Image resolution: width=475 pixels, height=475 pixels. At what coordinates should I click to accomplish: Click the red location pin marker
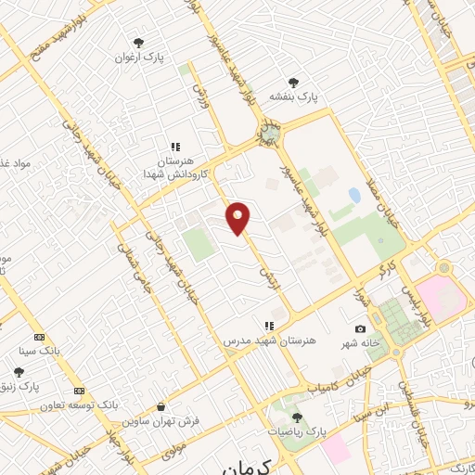(x=238, y=218)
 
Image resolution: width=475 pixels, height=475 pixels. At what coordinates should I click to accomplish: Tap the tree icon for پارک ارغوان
(x=138, y=43)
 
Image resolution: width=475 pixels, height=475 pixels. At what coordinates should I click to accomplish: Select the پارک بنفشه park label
(x=294, y=96)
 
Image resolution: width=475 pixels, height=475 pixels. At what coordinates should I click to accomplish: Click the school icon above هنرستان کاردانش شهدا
(x=174, y=146)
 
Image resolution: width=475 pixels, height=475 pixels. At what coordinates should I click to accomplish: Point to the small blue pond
(x=353, y=196)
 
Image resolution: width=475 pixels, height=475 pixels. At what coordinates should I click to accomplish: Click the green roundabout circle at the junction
(x=269, y=135)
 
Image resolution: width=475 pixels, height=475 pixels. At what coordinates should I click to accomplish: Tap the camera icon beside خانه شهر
(x=360, y=328)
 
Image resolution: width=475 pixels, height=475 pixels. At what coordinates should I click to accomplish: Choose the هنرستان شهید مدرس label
(x=270, y=341)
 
